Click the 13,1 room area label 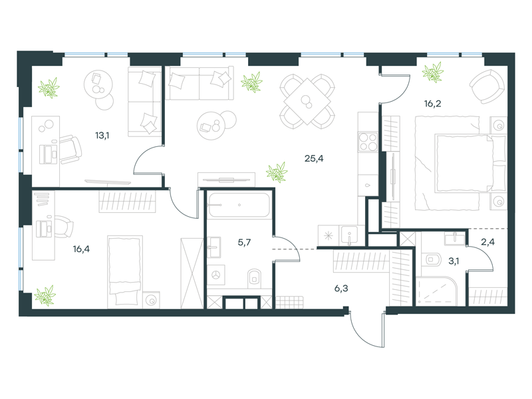[102, 136]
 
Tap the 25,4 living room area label [314, 158]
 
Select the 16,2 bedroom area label [433, 104]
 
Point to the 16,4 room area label [81, 249]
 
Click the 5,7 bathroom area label [244, 242]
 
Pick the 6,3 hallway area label [341, 289]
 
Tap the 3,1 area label [454, 261]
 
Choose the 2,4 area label [487, 242]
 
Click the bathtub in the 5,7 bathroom [239, 205]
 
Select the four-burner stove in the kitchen [368, 142]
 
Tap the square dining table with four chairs [307, 102]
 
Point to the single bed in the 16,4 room [124, 271]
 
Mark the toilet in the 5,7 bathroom [255, 277]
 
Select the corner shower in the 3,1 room [436, 291]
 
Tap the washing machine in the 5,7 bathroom [215, 275]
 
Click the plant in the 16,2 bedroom [433, 72]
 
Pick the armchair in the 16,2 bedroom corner [487, 86]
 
